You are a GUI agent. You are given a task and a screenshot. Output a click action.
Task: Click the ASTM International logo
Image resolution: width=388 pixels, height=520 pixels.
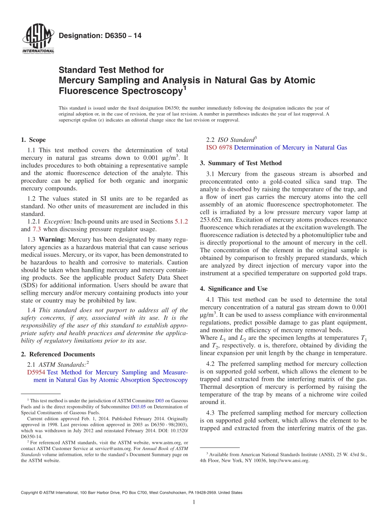click(x=38, y=40)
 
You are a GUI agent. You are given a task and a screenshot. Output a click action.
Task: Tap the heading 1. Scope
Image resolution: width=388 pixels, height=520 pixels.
click(x=33, y=140)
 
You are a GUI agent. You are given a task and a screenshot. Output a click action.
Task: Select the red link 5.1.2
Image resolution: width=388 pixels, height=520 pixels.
click(x=181, y=222)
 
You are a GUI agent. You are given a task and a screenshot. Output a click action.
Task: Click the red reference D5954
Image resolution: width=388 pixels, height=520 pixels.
click(x=36, y=372)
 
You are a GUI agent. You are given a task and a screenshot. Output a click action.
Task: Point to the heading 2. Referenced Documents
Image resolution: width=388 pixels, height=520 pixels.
click(x=58, y=354)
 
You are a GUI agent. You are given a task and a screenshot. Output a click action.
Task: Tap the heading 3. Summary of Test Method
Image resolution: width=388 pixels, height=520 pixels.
click(x=241, y=163)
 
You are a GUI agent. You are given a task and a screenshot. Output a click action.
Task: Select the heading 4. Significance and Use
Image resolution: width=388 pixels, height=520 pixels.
click(x=234, y=289)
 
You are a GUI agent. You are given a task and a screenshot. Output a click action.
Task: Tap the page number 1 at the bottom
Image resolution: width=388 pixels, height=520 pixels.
click(x=194, y=502)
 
